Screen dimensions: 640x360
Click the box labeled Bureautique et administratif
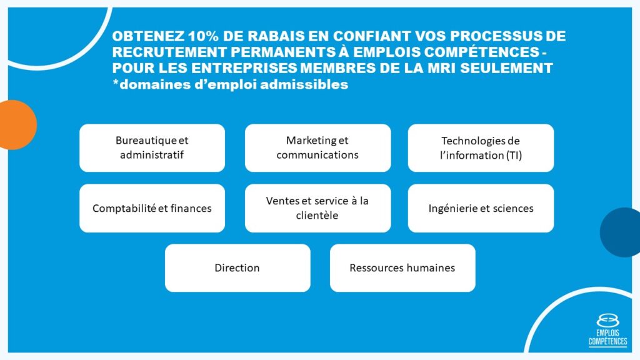[x=152, y=147]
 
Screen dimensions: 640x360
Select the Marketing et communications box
[x=317, y=147]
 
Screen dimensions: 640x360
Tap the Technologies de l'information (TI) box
[x=481, y=147]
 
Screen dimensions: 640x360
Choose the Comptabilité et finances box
[x=152, y=208]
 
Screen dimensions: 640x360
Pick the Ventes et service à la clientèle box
[x=317, y=208]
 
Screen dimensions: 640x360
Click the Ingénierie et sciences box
[x=481, y=208]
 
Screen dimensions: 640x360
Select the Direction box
[x=237, y=267]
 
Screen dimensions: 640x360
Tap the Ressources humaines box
[x=402, y=267]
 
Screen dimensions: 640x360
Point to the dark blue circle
[x=621, y=232]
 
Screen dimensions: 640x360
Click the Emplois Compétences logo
[x=607, y=330]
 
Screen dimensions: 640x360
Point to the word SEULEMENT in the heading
[x=506, y=67]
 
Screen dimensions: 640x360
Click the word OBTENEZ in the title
[x=148, y=36]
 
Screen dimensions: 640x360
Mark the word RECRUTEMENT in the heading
[x=169, y=52]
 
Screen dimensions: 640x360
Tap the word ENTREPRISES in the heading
[x=244, y=67]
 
